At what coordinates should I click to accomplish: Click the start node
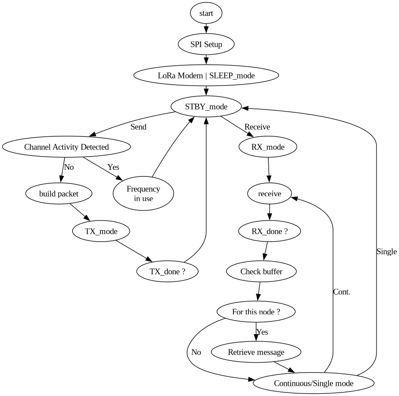[x=206, y=13]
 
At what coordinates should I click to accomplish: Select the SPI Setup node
[x=206, y=45]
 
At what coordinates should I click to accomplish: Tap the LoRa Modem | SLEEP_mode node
[x=206, y=75]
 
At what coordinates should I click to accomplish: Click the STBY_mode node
[x=206, y=107]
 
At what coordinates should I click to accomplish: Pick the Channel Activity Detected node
[x=66, y=147]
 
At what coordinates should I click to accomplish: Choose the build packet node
[x=59, y=193]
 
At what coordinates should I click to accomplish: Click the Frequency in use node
[x=143, y=194]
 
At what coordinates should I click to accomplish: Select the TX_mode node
[x=101, y=231]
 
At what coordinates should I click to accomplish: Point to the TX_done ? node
[x=167, y=271]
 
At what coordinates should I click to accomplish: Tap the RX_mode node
[x=268, y=147]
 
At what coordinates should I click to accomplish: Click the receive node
[x=270, y=193]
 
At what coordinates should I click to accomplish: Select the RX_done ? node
[x=270, y=231]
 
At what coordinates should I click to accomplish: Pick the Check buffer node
[x=261, y=271]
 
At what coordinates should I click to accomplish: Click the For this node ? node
[x=256, y=312]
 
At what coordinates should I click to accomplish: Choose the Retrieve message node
[x=256, y=352]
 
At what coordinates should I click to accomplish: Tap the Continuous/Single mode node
[x=314, y=383]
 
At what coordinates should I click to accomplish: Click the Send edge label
[x=138, y=127]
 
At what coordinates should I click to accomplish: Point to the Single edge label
[x=387, y=252]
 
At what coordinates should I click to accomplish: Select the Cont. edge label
[x=342, y=292]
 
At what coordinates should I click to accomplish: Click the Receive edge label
[x=257, y=127]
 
